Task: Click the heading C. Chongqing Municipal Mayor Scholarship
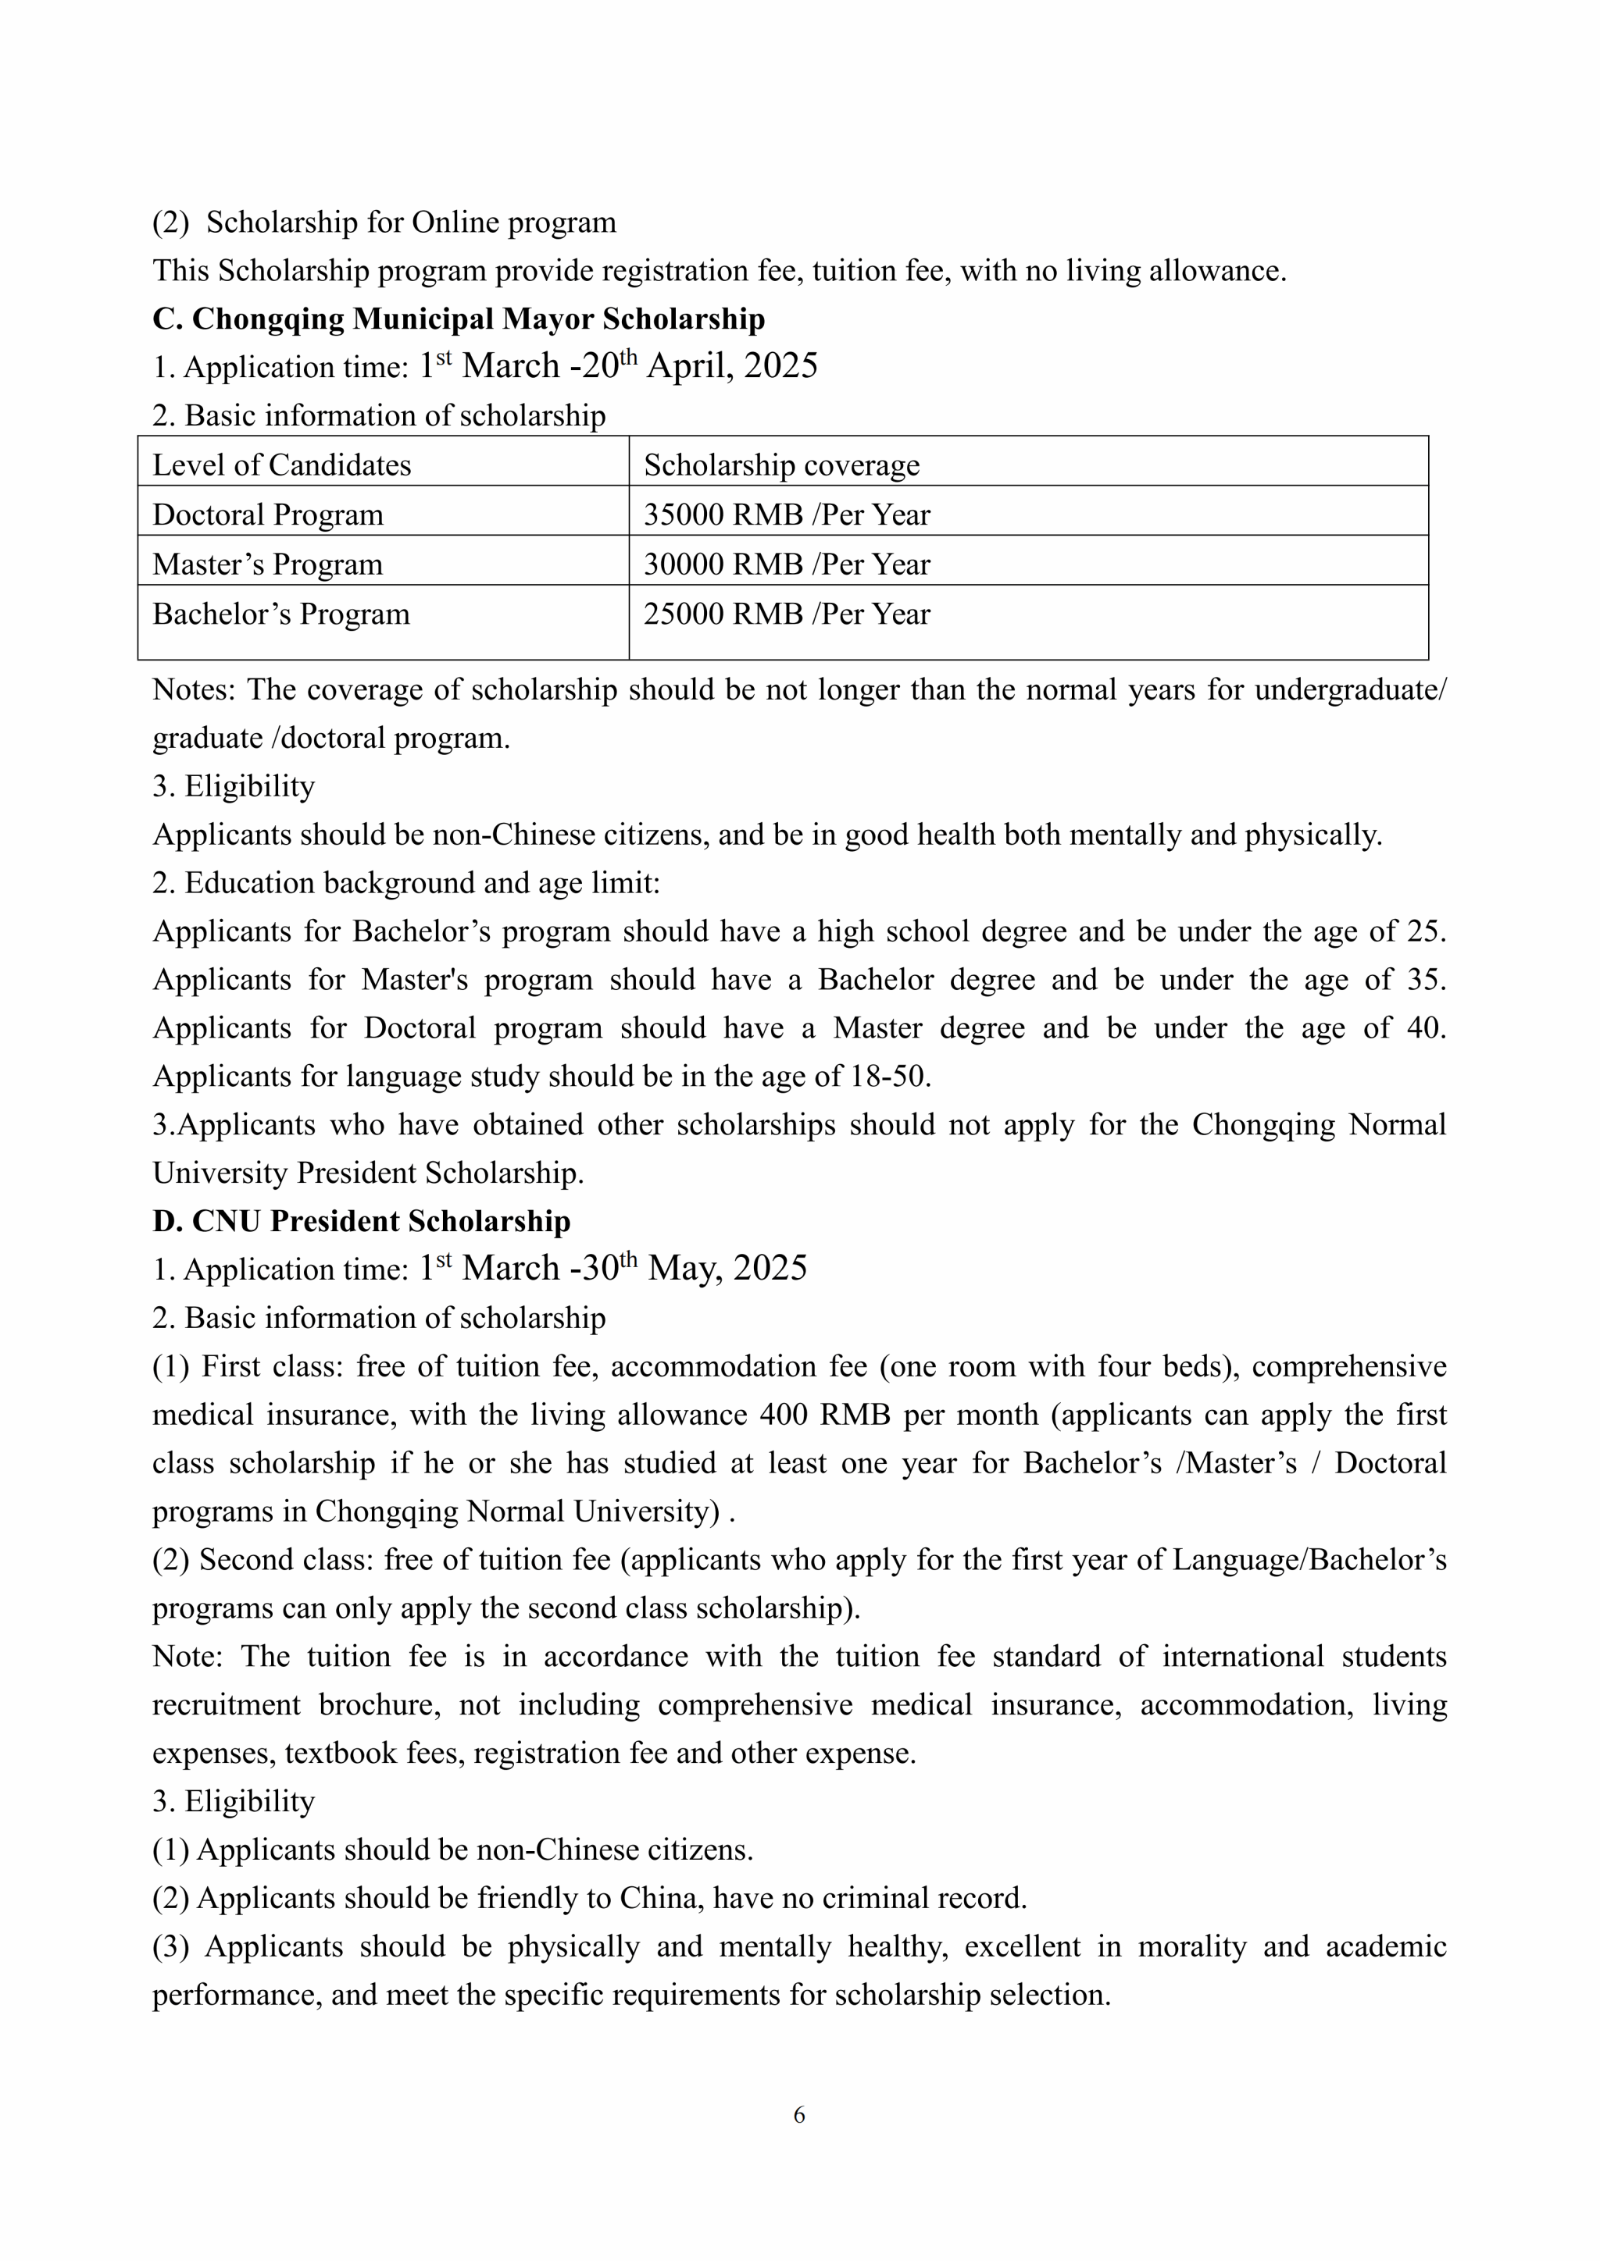coord(458,319)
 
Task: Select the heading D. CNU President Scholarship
coord(361,1221)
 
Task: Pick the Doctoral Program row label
coord(268,515)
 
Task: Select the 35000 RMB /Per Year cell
coord(786,515)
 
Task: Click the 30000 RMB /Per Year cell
coord(786,564)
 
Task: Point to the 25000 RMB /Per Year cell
coord(786,614)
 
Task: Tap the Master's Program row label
coord(268,564)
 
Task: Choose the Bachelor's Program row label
coord(280,614)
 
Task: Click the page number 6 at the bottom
coord(799,2114)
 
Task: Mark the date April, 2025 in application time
coord(732,366)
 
